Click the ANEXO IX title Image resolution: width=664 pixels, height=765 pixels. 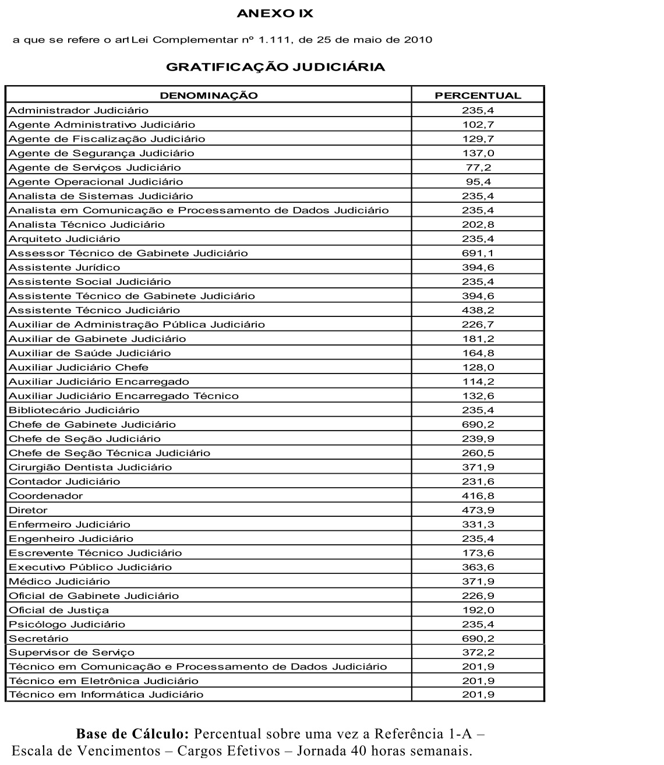(275, 14)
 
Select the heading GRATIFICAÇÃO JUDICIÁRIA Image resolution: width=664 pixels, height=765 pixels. (276, 67)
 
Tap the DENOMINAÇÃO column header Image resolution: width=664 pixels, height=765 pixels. (209, 96)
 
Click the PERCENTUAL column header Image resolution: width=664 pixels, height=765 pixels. (478, 96)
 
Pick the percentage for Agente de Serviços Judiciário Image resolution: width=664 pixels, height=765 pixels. (478, 168)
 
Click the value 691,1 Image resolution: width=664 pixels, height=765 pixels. (478, 253)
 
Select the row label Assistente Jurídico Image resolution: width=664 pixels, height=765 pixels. (64, 267)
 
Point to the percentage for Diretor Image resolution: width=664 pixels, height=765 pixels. (478, 510)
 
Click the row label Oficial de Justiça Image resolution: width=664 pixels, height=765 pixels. (59, 610)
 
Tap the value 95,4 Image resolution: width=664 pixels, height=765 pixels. (478, 182)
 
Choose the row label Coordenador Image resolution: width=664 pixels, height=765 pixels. (46, 496)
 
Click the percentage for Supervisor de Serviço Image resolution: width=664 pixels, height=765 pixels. (478, 653)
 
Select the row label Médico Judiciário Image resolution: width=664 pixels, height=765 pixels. (59, 581)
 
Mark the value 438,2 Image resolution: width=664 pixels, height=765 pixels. (478, 311)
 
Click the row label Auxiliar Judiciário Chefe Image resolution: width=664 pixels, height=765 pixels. (79, 368)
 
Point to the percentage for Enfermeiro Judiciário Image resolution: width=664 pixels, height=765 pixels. (478, 524)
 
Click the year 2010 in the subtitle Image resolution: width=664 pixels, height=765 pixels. (416, 40)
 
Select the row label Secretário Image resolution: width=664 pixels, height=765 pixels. (38, 639)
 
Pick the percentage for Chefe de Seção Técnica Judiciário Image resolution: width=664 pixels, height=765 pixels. (478, 453)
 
